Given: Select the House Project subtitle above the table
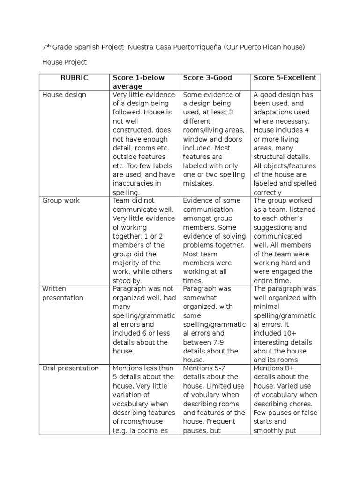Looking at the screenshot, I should pos(64,62).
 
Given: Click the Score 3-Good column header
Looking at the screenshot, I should pos(207,78).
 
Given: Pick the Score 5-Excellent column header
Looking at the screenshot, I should pos(285,78).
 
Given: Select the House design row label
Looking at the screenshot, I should pos(64,95).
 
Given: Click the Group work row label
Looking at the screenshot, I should pos(61,201).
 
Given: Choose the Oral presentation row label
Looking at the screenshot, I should pos(70,368).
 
